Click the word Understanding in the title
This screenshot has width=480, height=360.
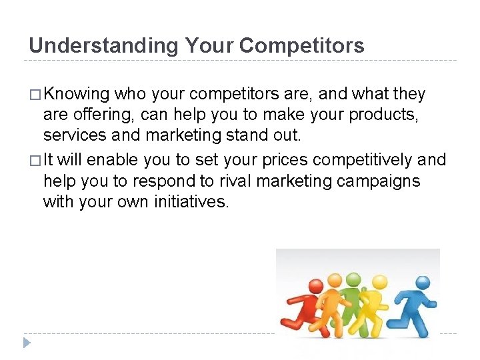(103, 46)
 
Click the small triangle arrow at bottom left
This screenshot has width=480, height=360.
(26, 343)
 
